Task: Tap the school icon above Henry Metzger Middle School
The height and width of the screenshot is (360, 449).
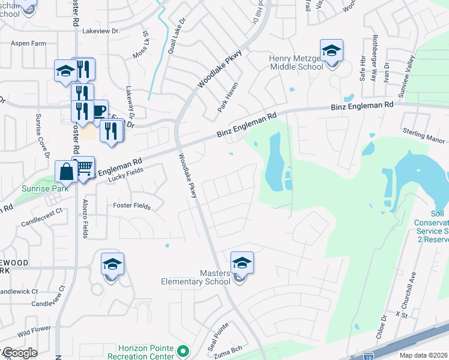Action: point(331,51)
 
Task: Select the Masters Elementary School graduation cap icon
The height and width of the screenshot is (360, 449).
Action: point(242,263)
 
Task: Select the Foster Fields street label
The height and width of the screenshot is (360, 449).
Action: point(131,206)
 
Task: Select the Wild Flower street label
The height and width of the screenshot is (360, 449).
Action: point(31,332)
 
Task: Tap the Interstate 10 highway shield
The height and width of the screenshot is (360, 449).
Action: point(370,356)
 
